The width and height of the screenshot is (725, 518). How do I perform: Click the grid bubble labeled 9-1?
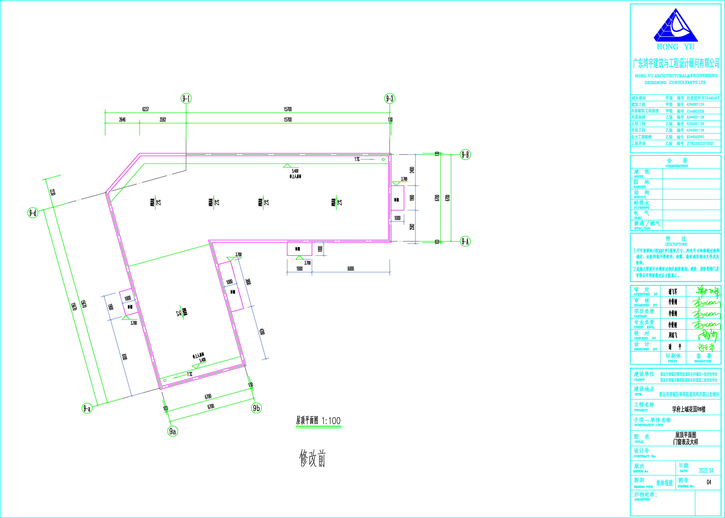186,99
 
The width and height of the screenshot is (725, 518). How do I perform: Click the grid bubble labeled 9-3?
390,99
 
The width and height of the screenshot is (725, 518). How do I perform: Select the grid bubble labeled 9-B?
465,155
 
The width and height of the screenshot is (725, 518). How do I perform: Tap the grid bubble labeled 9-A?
465,241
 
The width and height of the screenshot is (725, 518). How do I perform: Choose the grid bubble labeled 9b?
257,408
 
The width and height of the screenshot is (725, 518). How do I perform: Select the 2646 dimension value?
122,120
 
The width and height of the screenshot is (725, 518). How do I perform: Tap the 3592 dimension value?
163,120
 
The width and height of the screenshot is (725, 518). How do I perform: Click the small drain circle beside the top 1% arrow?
383,159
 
